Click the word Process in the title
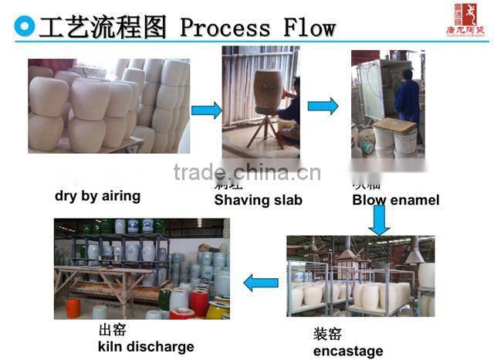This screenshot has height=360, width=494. [x=223, y=29]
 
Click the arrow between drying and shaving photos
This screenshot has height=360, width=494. [x=206, y=110]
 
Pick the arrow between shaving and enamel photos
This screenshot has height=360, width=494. [x=323, y=106]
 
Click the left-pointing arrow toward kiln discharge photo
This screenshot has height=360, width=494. [x=260, y=283]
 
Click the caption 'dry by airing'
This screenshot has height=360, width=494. [x=97, y=195]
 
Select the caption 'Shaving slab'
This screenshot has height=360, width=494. [x=258, y=200]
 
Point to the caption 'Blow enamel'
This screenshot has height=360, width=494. [x=395, y=200]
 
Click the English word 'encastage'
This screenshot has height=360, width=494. [x=348, y=351]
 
